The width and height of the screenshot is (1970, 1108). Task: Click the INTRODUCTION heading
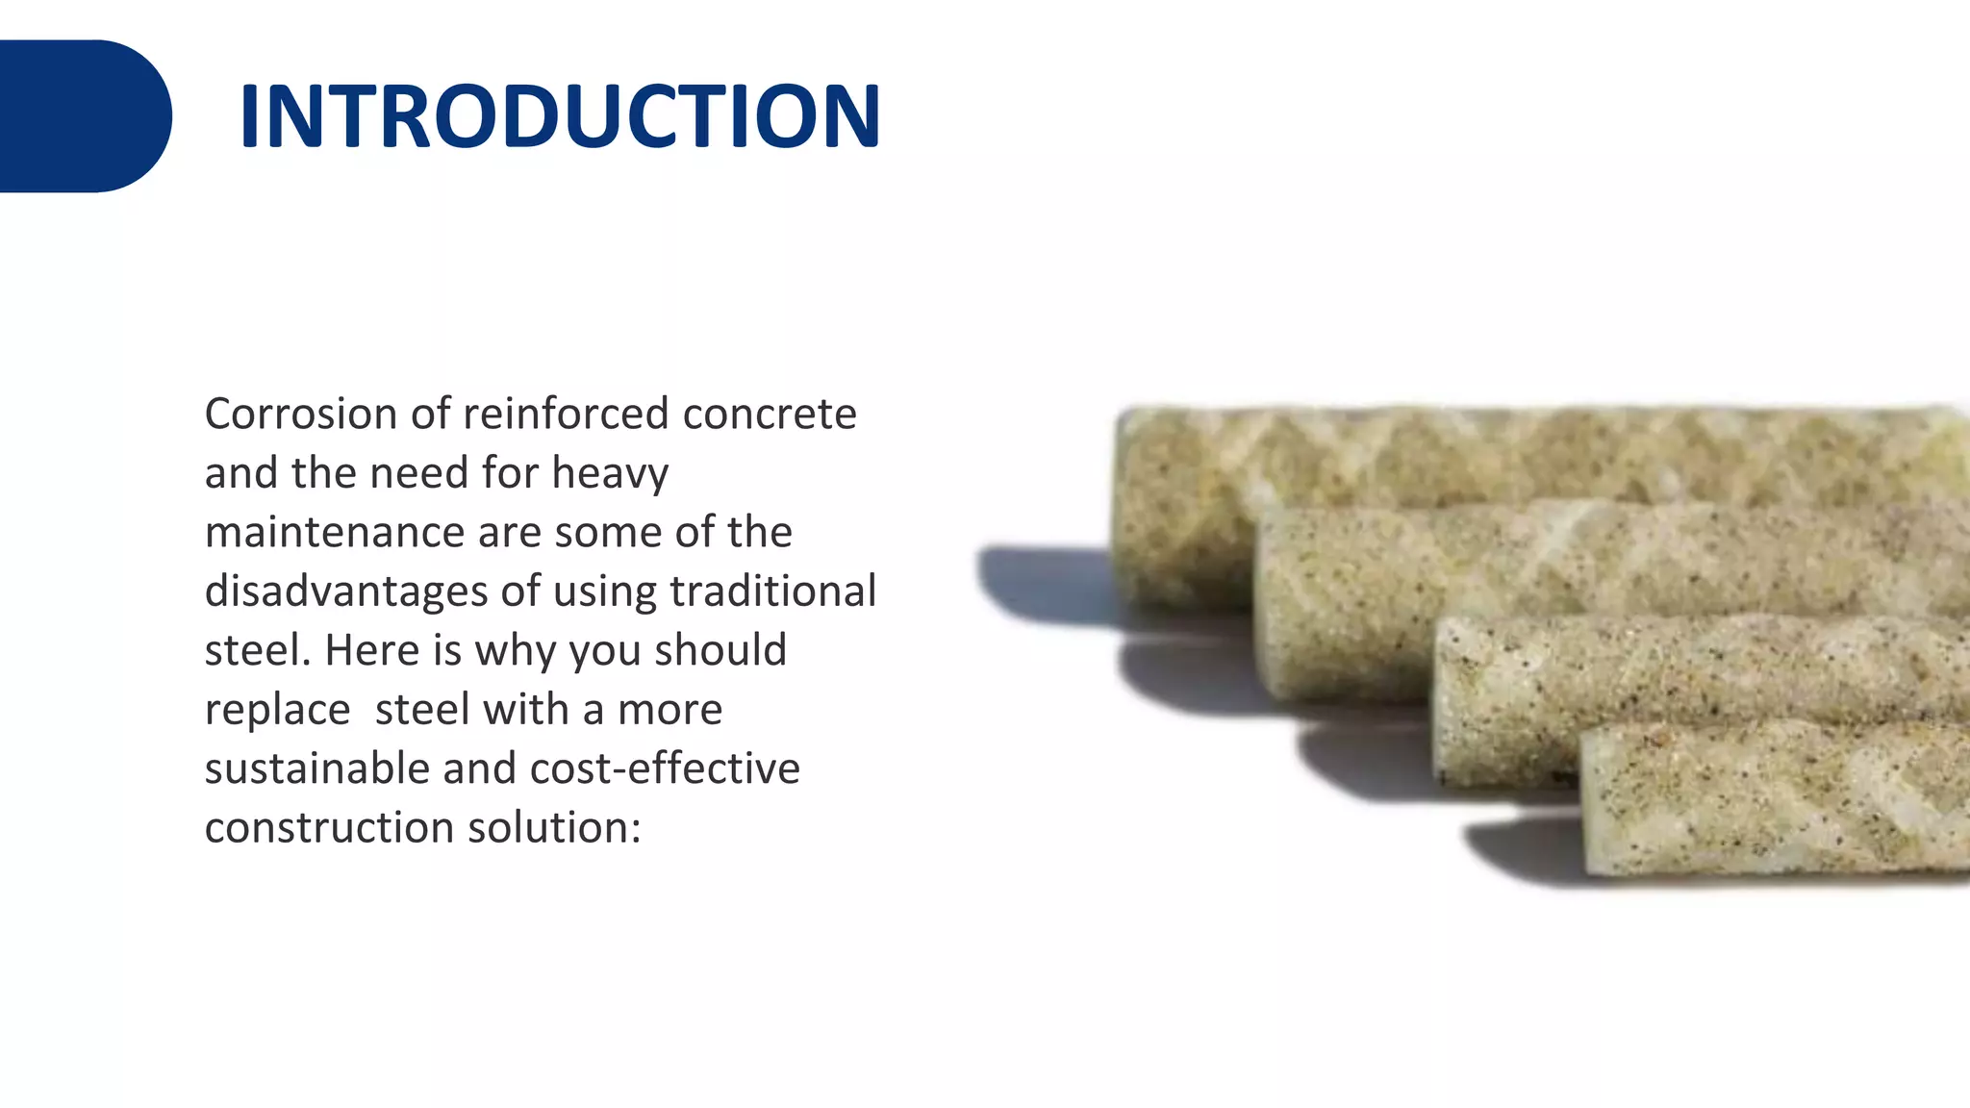coord(559,116)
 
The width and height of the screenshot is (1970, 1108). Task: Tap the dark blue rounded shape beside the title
coord(85,116)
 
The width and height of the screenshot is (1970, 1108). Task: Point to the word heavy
coord(610,474)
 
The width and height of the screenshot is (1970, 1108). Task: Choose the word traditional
coord(772,592)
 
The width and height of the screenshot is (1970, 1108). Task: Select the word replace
coord(277,711)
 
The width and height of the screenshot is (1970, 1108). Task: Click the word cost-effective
coord(665,769)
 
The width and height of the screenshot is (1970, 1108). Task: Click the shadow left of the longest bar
coord(1044,582)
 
